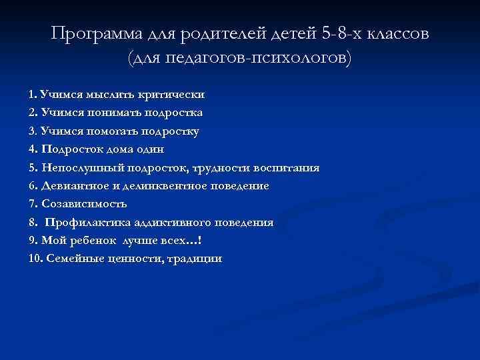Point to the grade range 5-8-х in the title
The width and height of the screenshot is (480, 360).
[x=334, y=35]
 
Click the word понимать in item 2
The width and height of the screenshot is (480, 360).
[x=117, y=113]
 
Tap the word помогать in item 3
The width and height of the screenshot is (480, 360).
[x=117, y=131]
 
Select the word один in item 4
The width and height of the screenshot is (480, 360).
[x=149, y=149]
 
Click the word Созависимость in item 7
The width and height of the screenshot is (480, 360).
[x=83, y=204]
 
